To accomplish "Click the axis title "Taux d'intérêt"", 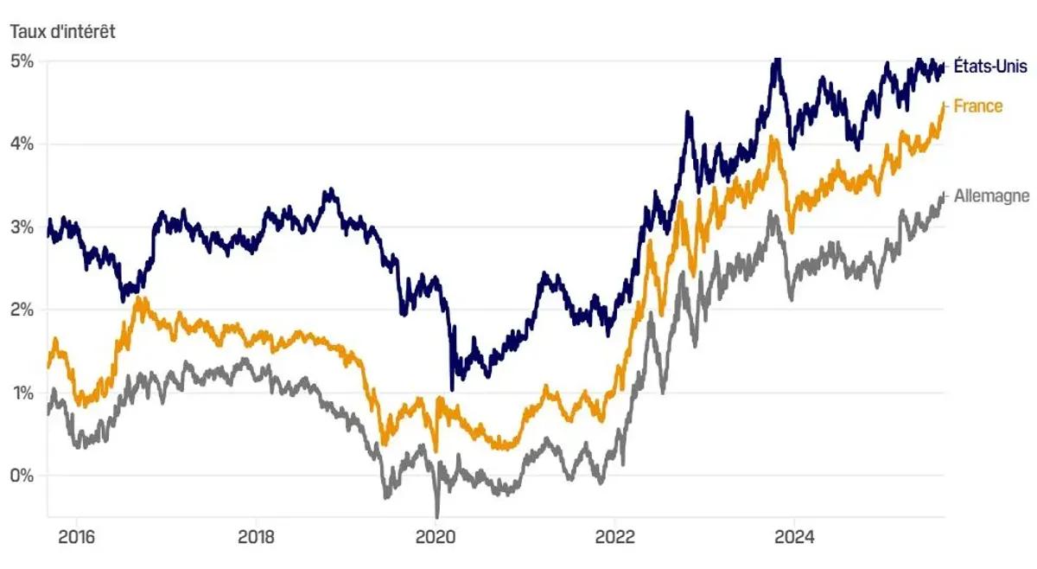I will pos(62,32).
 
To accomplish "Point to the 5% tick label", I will pos(22,61).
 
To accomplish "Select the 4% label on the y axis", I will pos(22,144).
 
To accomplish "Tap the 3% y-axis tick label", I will pos(22,227).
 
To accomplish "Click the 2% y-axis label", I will pos(22,310).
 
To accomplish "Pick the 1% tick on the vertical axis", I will pos(22,393).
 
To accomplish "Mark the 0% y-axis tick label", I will pos(22,476).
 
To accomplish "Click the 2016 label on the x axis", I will pos(76,535).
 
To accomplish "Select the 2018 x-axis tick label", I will pos(256,535).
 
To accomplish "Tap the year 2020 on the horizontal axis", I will pos(436,535).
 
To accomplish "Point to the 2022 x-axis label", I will pos(614,535).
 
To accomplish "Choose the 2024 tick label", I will pos(794,535).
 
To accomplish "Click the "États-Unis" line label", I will pos(989,67).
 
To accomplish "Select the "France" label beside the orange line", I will pos(978,106).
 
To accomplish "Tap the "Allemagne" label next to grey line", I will pos(992,196).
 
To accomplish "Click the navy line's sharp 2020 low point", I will pos(452,388).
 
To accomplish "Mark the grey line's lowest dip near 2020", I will pos(437,515).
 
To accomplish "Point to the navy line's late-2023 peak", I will pos(777,60).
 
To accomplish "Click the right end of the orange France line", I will pos(943,105).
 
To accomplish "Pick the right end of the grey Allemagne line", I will pos(943,196).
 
